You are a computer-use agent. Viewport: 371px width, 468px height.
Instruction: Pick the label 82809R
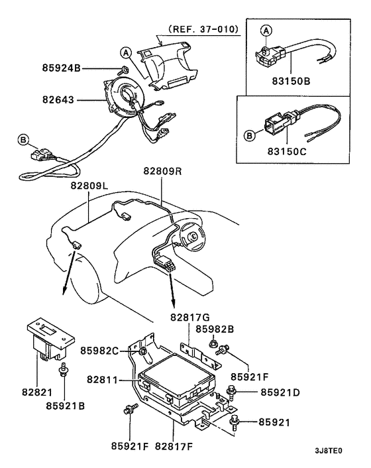[163, 170]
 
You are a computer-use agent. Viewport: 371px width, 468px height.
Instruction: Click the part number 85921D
[281, 392]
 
